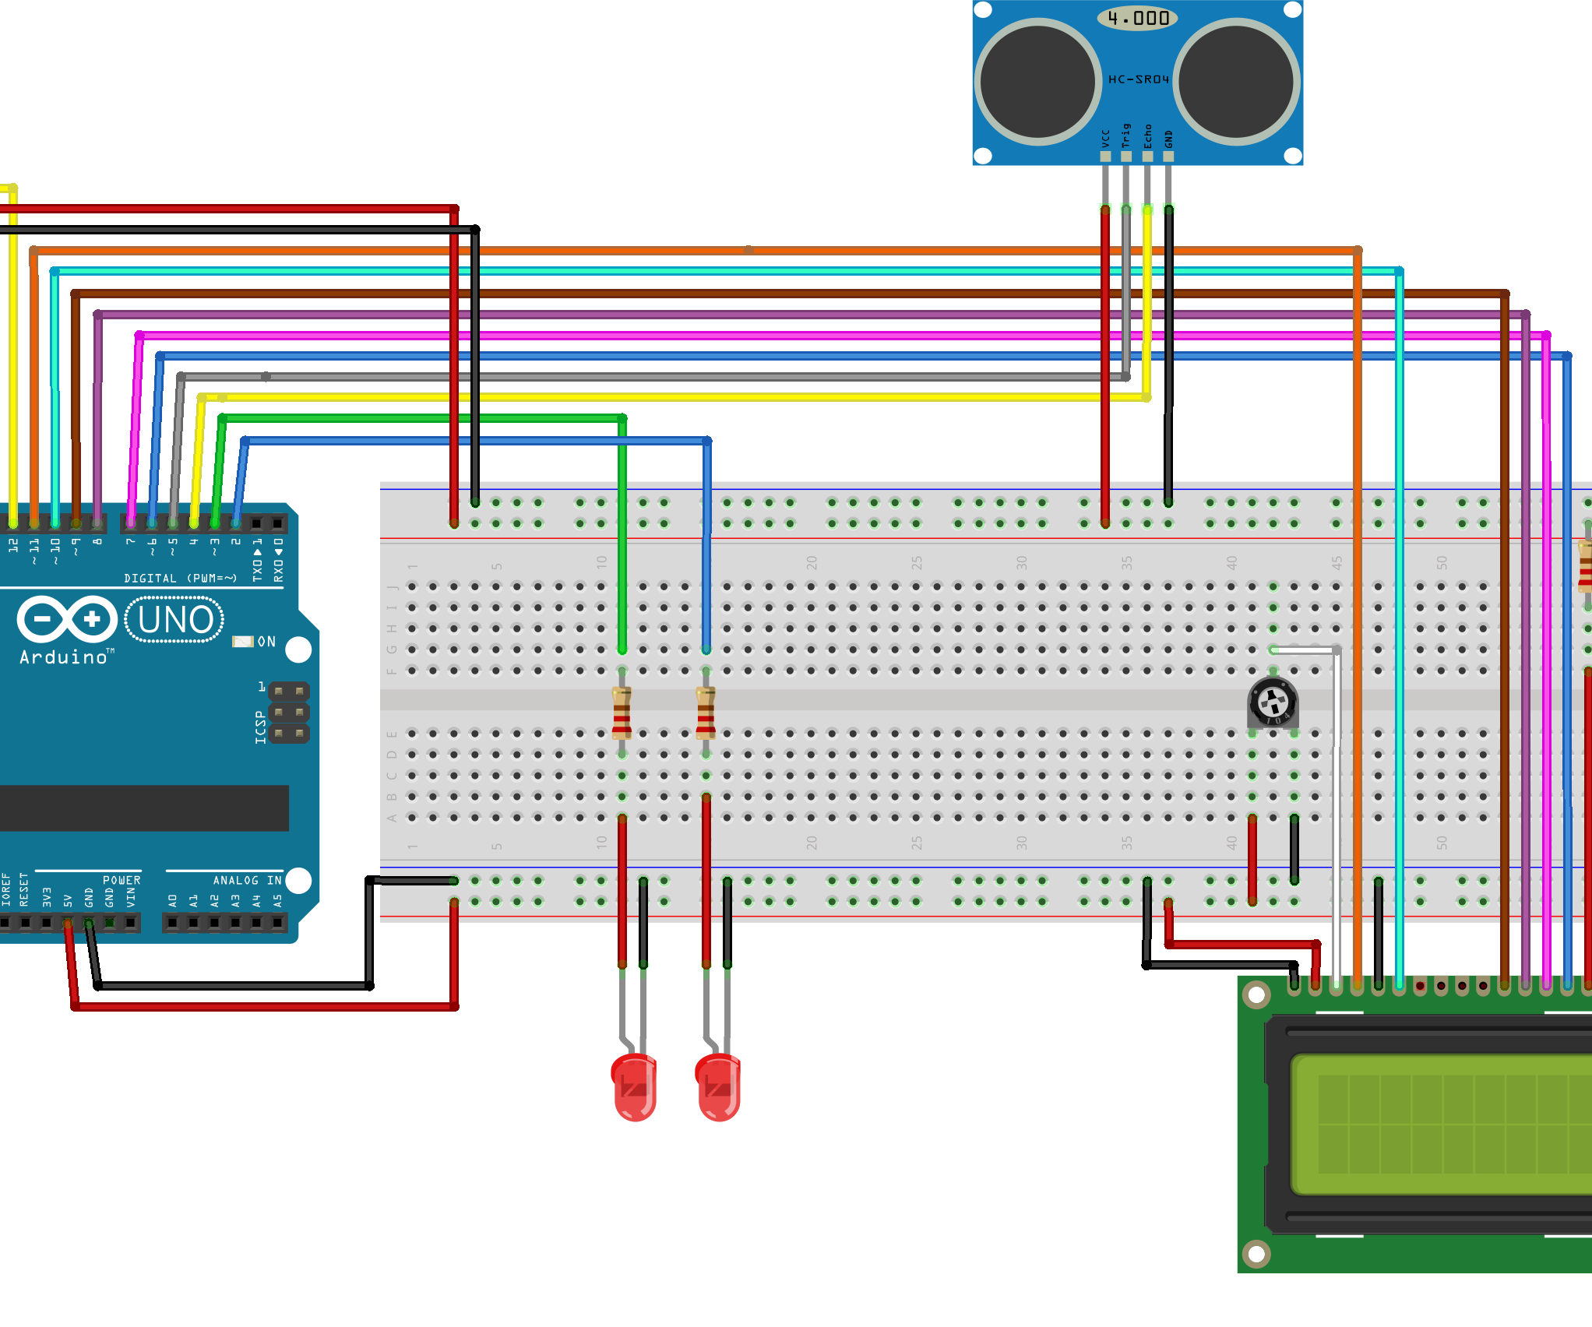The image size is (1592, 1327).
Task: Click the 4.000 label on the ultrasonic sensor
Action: point(1137,18)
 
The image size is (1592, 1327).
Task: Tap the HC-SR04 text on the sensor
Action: point(1138,79)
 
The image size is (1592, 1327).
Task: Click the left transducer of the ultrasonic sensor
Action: point(1037,81)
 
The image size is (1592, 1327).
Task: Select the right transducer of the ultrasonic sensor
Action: point(1236,81)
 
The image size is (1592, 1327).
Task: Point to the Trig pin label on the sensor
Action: point(1126,136)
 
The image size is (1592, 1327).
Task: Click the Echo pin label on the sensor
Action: point(1147,136)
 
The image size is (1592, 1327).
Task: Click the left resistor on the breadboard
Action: point(622,713)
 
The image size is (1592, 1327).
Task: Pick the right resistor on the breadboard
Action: point(706,713)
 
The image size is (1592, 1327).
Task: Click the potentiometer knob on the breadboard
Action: point(1273,703)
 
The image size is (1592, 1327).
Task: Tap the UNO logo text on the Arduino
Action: point(174,620)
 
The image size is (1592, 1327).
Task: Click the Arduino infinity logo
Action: point(67,620)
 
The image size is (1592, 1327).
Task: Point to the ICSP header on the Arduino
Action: point(289,713)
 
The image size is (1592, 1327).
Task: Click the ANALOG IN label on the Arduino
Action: point(247,880)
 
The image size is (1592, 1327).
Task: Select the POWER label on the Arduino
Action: point(122,880)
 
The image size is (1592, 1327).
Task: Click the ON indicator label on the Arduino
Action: point(266,642)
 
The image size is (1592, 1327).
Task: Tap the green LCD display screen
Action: point(1441,1124)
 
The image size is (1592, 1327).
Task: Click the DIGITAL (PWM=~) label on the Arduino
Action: point(180,578)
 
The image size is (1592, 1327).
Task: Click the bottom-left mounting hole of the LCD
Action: point(1256,1253)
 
